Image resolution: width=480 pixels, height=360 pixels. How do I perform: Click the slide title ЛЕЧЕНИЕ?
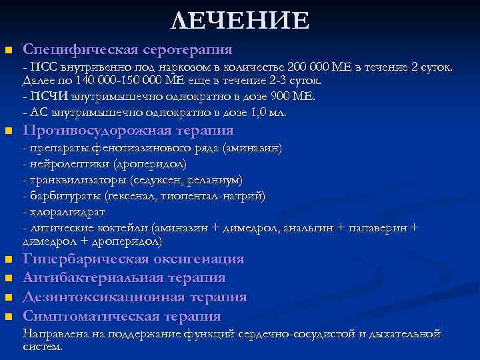tap(240, 21)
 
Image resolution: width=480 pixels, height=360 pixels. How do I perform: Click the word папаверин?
tap(381, 228)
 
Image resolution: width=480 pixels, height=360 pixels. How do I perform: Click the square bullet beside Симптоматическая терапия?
tap(8, 317)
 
